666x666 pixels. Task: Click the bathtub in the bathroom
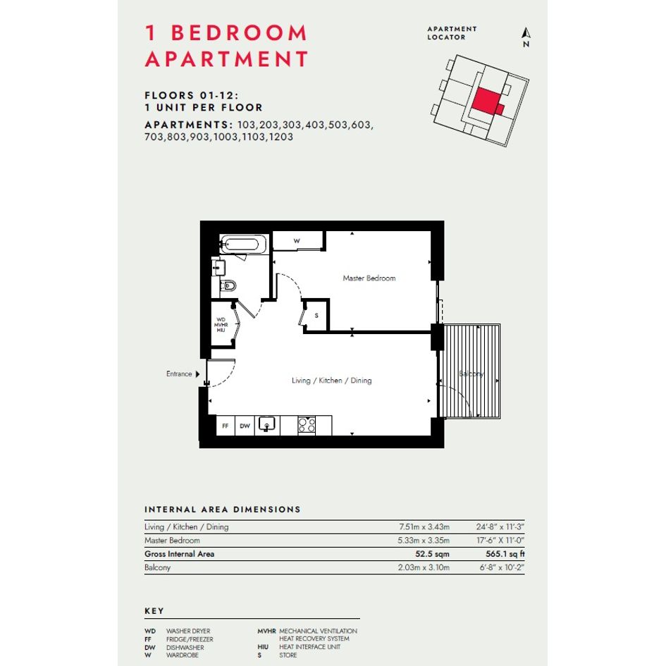click(242, 245)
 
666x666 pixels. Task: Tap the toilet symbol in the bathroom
click(228, 285)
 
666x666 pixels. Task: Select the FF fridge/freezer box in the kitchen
click(226, 426)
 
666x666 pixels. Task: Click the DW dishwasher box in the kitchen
click(245, 426)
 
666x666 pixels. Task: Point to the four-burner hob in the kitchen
click(307, 425)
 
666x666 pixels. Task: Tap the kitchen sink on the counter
click(266, 424)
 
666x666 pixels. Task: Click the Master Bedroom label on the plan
click(369, 278)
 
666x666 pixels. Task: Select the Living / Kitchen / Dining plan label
click(332, 381)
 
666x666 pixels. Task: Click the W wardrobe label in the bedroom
click(297, 241)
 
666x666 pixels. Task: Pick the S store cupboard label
click(316, 316)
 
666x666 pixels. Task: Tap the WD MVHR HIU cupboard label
click(221, 325)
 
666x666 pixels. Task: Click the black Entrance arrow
click(197, 374)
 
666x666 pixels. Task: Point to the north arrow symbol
click(526, 33)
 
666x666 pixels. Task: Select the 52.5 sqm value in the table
click(432, 554)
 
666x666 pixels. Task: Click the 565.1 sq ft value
click(505, 554)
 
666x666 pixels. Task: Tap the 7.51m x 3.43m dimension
click(424, 526)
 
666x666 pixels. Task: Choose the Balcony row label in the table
click(158, 567)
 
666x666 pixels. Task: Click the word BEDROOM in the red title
click(239, 33)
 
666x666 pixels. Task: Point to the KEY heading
click(154, 611)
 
